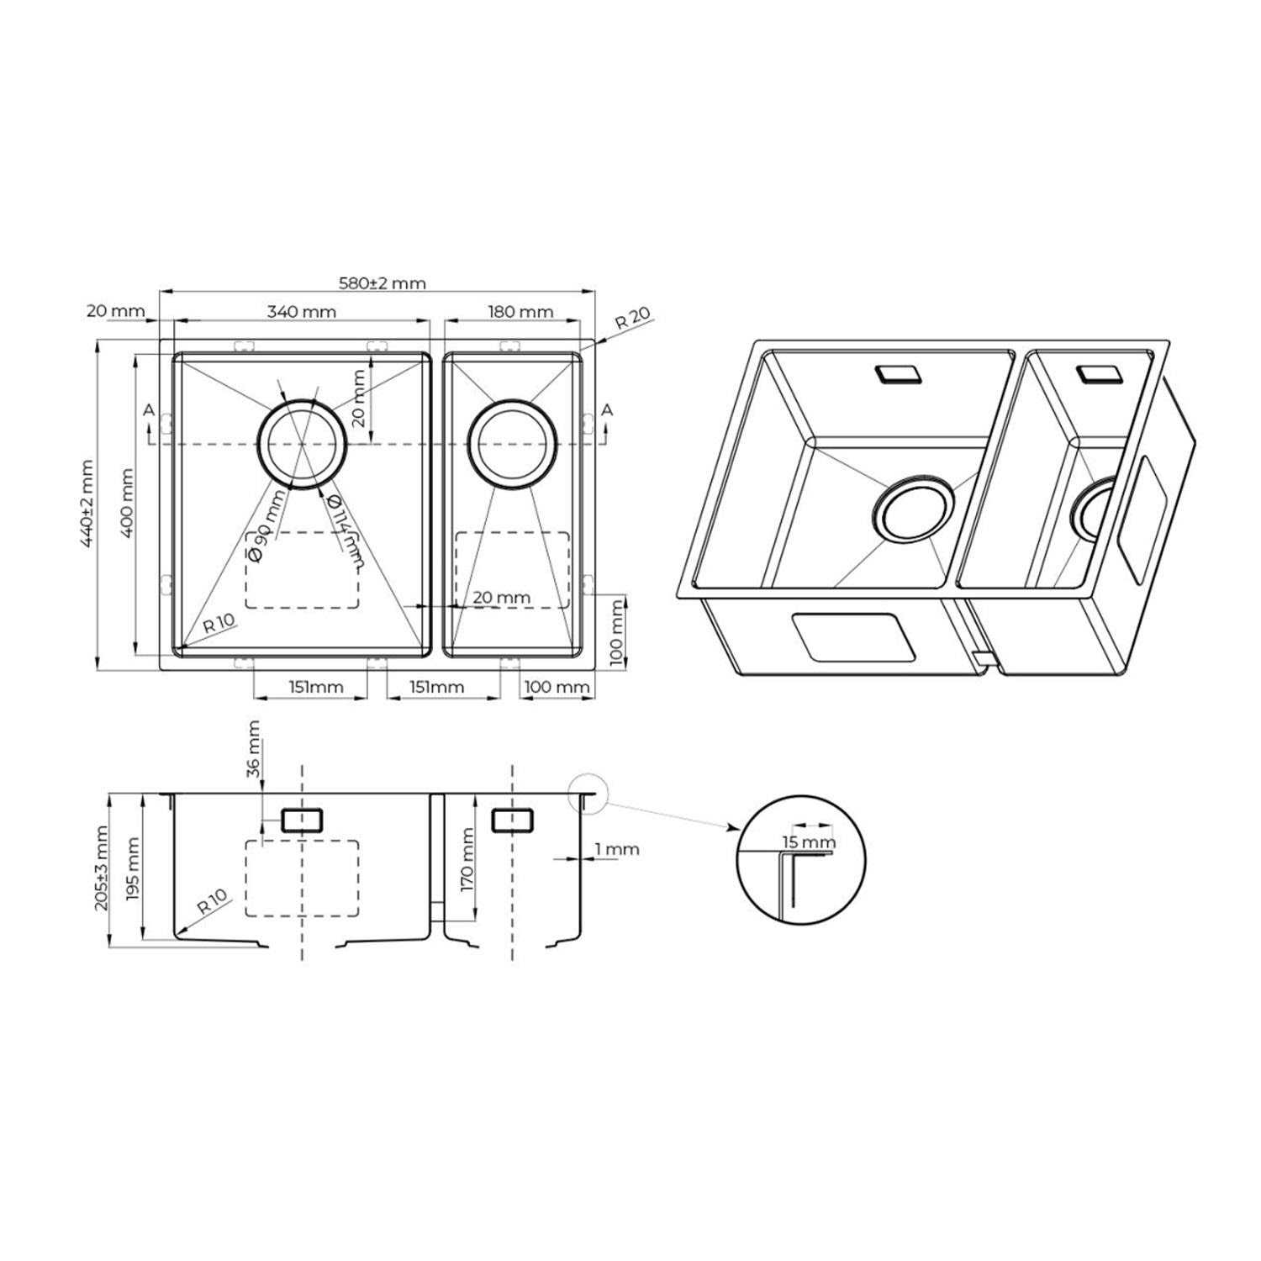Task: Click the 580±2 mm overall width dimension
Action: pyautogui.click(x=382, y=282)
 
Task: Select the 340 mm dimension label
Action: pyautogui.click(x=301, y=312)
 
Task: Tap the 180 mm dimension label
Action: pyautogui.click(x=520, y=312)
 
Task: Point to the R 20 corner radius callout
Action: pyautogui.click(x=632, y=319)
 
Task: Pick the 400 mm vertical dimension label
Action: pyautogui.click(x=128, y=504)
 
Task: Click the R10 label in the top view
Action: pyautogui.click(x=219, y=623)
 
